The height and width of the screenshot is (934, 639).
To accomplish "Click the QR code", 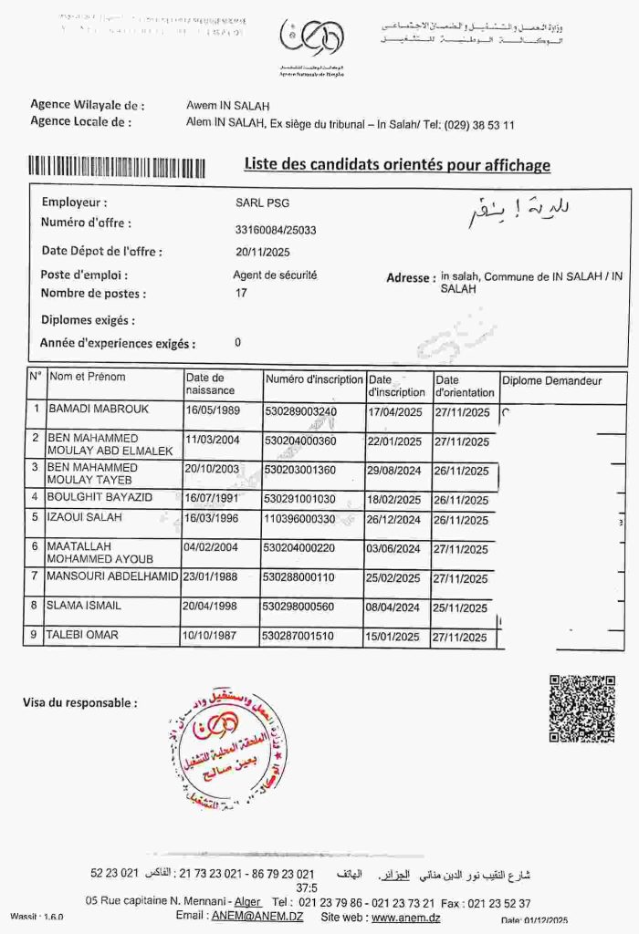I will (581, 709).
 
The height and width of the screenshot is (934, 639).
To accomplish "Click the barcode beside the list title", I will (117, 167).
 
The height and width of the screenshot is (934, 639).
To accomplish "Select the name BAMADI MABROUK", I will (99, 410).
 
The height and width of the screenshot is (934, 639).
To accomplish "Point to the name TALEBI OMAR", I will (83, 636).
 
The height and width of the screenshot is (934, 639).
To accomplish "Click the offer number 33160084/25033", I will (276, 230).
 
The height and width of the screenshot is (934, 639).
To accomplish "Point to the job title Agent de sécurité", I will (275, 275).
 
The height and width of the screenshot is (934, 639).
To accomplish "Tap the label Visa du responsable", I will (79, 703).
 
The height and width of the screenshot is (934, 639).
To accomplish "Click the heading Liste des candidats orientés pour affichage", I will (397, 165).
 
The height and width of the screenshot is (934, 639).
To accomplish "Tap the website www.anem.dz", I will (405, 916).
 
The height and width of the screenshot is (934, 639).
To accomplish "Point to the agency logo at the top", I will (311, 38).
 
